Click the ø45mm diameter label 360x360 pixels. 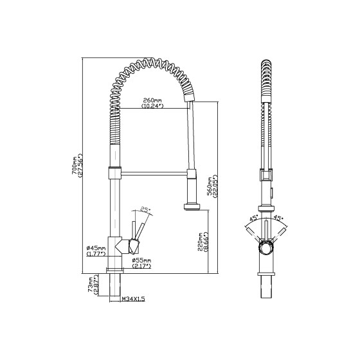[96, 250]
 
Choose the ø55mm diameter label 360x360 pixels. [141, 262]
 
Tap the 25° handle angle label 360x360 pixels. [145, 210]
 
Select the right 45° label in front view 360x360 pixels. [279, 218]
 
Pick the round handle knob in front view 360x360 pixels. [265, 246]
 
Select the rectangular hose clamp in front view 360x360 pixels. [265, 174]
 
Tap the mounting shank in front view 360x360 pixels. [265, 287]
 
